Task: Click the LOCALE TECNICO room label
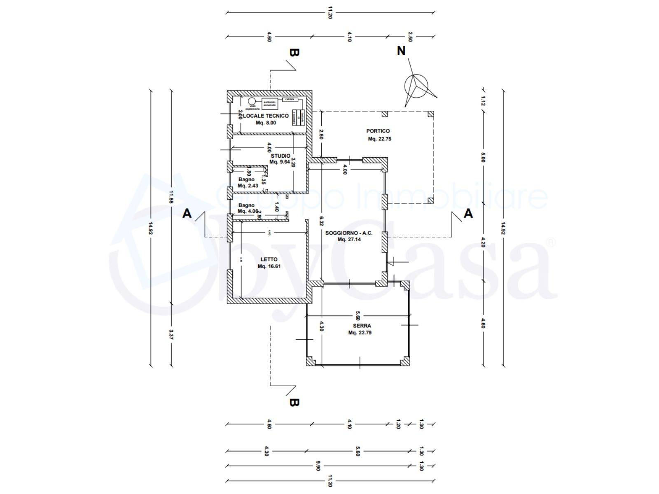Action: pyautogui.click(x=266, y=116)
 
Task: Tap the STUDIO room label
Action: pyautogui.click(x=280, y=156)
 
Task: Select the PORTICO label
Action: pyautogui.click(x=378, y=131)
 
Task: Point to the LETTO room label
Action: pyautogui.click(x=269, y=259)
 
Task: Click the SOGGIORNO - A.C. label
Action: pyautogui.click(x=349, y=233)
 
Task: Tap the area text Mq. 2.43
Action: pyautogui.click(x=248, y=186)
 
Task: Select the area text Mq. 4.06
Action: pyautogui.click(x=248, y=212)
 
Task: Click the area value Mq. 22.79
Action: pyautogui.click(x=360, y=333)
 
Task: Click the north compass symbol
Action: pyautogui.click(x=416, y=86)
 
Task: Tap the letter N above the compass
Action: pyautogui.click(x=401, y=51)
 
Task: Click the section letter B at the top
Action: pyautogui.click(x=294, y=53)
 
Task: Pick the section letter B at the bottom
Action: pyautogui.click(x=294, y=403)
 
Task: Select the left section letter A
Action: pyautogui.click(x=187, y=214)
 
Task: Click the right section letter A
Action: pyautogui.click(x=468, y=214)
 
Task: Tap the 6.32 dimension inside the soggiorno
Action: pyautogui.click(x=321, y=221)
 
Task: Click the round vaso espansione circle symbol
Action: pyautogui.click(x=251, y=101)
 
